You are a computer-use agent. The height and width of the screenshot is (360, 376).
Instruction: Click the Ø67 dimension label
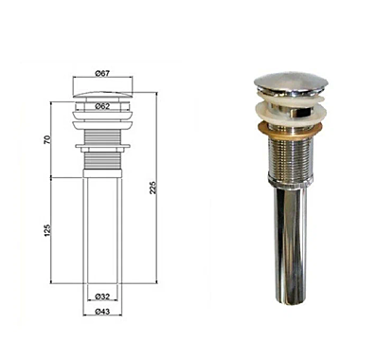pyautogui.click(x=102, y=73)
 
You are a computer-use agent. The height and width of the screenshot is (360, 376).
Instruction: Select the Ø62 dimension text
pyautogui.click(x=102, y=106)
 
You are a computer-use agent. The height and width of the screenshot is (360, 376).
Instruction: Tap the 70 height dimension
pyautogui.click(x=47, y=139)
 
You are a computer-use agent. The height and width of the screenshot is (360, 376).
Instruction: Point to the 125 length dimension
pyautogui.click(x=47, y=230)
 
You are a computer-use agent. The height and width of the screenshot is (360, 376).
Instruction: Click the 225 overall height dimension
pyautogui.click(x=152, y=188)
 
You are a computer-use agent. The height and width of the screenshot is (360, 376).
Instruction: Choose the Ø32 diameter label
pyautogui.click(x=102, y=297)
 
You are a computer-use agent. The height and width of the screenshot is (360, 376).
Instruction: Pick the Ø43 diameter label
pyautogui.click(x=102, y=312)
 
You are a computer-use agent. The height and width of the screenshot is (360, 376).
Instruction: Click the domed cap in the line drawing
pyautogui.click(x=103, y=94)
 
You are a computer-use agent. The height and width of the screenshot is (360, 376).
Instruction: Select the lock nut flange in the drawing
pyautogui.click(x=102, y=146)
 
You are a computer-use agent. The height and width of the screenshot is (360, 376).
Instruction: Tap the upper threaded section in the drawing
pyautogui.click(x=102, y=136)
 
